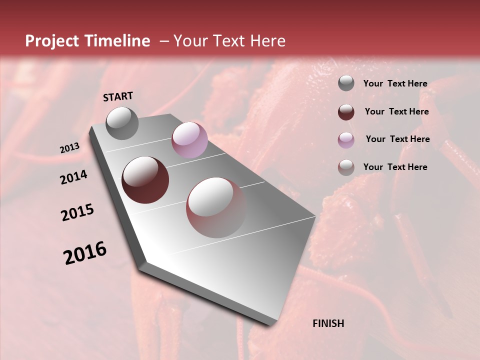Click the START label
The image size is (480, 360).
click(x=118, y=96)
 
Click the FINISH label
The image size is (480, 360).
click(x=328, y=323)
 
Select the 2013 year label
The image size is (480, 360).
click(x=69, y=148)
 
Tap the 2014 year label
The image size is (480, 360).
click(x=73, y=177)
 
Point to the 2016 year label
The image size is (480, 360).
click(x=85, y=253)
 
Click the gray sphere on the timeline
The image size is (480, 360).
click(x=122, y=123)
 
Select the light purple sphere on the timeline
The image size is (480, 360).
click(x=189, y=140)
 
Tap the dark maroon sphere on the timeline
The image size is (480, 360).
click(x=145, y=180)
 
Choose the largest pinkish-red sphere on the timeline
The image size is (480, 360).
click(x=216, y=207)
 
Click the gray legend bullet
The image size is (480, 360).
click(x=346, y=83)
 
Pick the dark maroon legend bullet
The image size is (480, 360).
click(x=346, y=112)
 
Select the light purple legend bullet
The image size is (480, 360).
click(x=346, y=140)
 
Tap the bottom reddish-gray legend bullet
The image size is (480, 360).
click(x=346, y=167)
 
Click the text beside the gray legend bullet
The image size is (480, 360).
click(x=395, y=83)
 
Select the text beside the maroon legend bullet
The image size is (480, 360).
click(x=396, y=111)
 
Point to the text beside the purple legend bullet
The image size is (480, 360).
click(x=397, y=139)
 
